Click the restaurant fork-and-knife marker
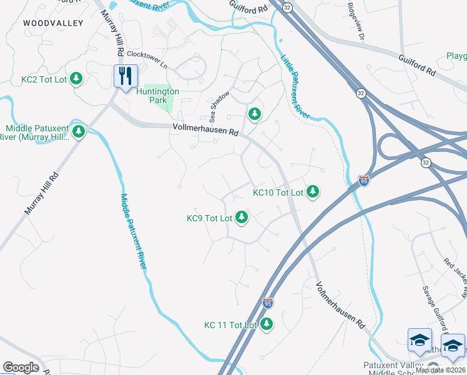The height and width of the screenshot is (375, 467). (125, 76)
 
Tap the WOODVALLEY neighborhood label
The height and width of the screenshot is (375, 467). (44, 22)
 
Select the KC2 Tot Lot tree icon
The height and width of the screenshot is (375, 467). (76, 79)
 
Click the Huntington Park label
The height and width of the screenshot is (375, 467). (158, 96)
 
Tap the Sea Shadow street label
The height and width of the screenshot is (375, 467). (220, 106)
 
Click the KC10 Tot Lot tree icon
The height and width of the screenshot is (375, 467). (313, 192)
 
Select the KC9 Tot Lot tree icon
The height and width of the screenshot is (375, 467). (242, 218)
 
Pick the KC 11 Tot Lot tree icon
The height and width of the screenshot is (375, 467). (267, 324)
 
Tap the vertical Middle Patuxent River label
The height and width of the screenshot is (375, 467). (133, 231)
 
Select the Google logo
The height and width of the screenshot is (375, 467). (21, 367)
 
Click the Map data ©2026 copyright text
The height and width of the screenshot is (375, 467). (440, 370)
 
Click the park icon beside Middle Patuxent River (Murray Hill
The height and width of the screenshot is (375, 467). (79, 131)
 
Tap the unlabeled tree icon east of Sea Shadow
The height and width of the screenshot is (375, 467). (253, 114)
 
